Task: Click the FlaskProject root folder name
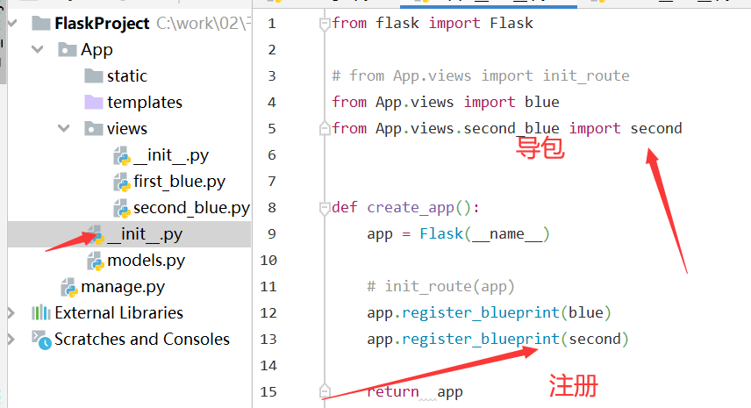102,24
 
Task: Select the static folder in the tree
126,76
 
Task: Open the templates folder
144,103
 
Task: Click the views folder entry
126,129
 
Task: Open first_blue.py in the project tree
179,182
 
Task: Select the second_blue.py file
190,208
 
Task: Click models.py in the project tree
146,261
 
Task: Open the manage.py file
122,287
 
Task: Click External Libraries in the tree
118,313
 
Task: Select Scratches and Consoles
141,340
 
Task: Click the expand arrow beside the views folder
63,129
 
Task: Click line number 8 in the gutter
270,208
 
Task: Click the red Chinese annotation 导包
540,147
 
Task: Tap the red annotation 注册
574,385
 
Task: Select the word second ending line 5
655,129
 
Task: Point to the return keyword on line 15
392,392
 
